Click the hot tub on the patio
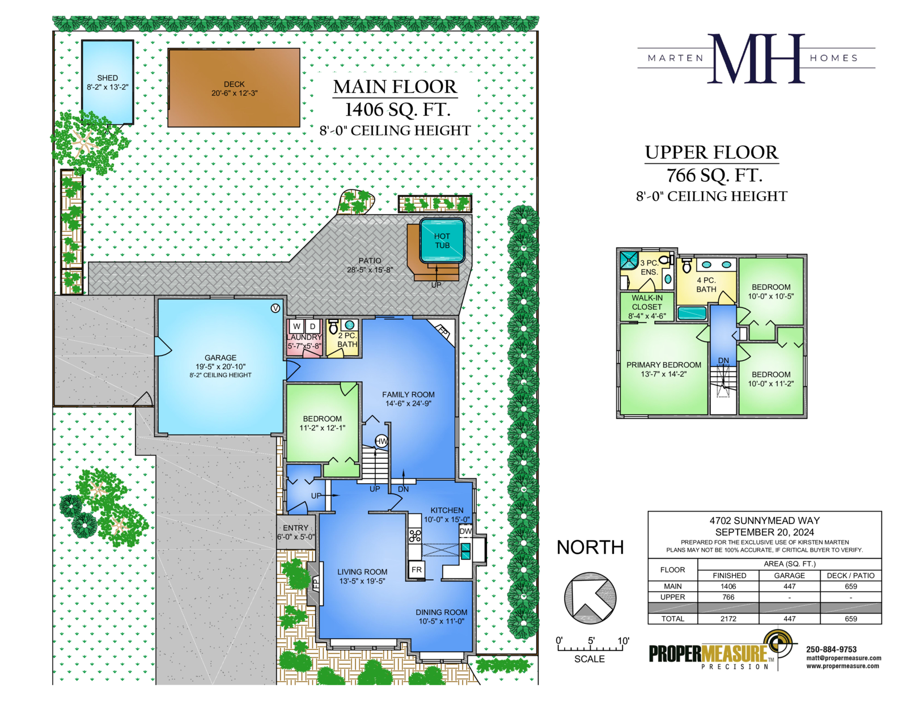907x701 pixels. (x=442, y=240)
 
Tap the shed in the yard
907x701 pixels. (x=108, y=82)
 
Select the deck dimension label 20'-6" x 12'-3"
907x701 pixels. (x=234, y=93)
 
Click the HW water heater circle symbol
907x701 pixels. (x=382, y=441)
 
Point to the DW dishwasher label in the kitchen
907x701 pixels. (x=465, y=531)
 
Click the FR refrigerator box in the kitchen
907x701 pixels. (x=417, y=569)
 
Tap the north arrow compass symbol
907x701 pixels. (x=590, y=598)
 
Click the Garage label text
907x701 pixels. (x=221, y=358)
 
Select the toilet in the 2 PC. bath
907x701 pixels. (x=333, y=327)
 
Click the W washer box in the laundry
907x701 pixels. (x=297, y=327)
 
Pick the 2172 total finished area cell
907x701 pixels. (x=728, y=619)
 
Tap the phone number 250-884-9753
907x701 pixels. (x=832, y=649)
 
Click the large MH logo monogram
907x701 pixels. (x=756, y=58)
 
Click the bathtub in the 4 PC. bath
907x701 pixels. (x=692, y=313)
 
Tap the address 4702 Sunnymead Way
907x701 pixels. (x=765, y=521)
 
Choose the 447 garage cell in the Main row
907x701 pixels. (x=789, y=586)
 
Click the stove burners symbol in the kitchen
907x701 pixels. (x=415, y=535)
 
